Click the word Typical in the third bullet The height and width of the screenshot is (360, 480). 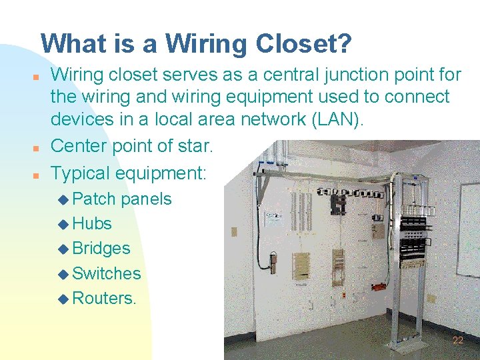pyautogui.click(x=81, y=173)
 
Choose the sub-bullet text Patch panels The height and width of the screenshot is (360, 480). pyautogui.click(x=121, y=199)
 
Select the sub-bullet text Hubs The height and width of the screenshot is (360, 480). pyautogui.click(x=91, y=223)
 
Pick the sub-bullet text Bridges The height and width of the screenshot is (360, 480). pyautogui.click(x=101, y=248)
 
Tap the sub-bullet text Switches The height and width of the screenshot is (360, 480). pyautogui.click(x=106, y=273)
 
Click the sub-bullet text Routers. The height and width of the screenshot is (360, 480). pyautogui.click(x=103, y=298)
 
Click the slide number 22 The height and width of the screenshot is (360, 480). pyautogui.click(x=457, y=340)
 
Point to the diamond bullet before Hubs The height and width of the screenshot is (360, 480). pyautogui.click(x=63, y=224)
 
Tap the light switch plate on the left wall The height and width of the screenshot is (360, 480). pyautogui.click(x=234, y=232)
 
